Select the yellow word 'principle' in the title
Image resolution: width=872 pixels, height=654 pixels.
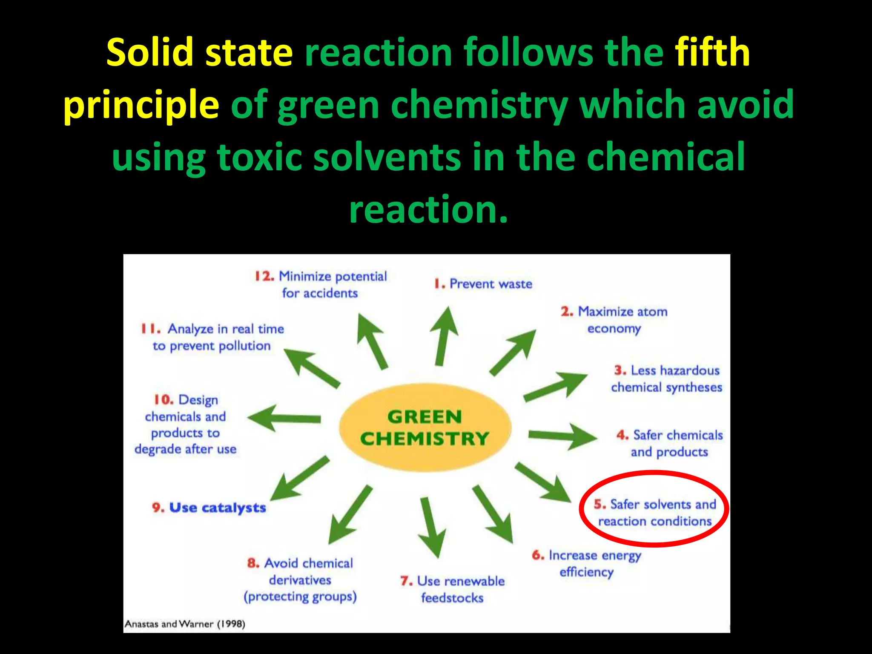click(141, 105)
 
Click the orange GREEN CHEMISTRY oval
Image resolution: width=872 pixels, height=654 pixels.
click(425, 427)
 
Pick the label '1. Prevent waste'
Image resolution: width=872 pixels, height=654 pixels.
click(483, 284)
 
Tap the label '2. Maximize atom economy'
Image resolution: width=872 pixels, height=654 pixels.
click(614, 320)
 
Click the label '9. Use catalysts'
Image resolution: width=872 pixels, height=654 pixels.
click(209, 508)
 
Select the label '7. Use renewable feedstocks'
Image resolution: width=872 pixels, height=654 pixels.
click(452, 589)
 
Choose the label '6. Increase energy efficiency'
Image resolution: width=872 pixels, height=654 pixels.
click(586, 563)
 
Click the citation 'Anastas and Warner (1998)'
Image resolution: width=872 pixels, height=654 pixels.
click(185, 624)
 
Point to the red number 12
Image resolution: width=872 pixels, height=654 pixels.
click(264, 276)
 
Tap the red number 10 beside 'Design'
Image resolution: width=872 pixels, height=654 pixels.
click(163, 400)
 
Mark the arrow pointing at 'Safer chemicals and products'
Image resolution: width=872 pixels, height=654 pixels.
click(562, 436)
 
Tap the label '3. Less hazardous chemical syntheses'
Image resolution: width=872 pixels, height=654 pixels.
click(667, 379)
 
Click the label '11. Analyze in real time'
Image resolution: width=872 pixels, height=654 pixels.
click(212, 337)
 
